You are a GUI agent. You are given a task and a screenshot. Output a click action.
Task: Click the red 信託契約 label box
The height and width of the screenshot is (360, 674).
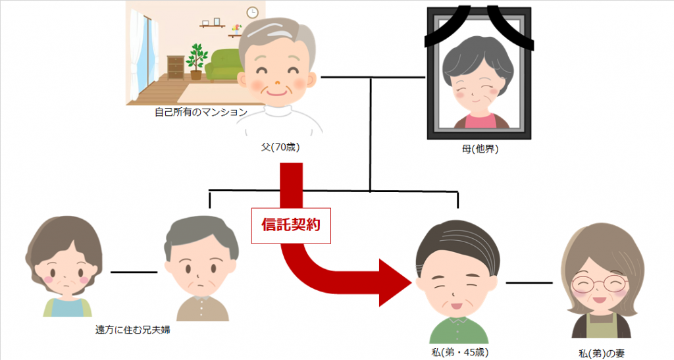pos(291,226)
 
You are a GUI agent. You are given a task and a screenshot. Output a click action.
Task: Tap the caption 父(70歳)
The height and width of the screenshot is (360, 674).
pos(280,147)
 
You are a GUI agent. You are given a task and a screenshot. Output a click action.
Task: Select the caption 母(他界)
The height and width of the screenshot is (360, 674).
pos(480,149)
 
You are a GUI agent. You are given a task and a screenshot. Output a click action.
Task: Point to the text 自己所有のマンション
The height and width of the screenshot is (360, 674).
pos(201,113)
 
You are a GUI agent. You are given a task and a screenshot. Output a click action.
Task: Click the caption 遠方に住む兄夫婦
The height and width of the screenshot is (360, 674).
pos(132,330)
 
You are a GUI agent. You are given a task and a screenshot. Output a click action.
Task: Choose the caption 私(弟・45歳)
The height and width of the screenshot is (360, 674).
pos(460,353)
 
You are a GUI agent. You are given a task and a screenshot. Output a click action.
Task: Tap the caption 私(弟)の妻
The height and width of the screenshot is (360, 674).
pos(602,353)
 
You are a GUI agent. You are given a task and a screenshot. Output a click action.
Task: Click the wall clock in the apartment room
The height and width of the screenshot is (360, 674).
pos(252,13)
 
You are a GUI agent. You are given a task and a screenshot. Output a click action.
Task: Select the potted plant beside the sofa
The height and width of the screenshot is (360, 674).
pos(196,61)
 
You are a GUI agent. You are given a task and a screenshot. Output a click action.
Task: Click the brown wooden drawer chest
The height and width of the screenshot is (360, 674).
pos(176,68)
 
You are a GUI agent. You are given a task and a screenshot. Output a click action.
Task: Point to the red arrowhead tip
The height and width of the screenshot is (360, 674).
pos(412,283)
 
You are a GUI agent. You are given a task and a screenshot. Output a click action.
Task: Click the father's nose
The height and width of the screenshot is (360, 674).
pos(277,82)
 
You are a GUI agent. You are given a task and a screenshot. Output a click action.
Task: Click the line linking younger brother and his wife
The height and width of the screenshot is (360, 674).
pos(529,283)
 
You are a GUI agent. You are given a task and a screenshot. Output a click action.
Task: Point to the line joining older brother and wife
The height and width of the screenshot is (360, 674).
pos(134,272)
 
